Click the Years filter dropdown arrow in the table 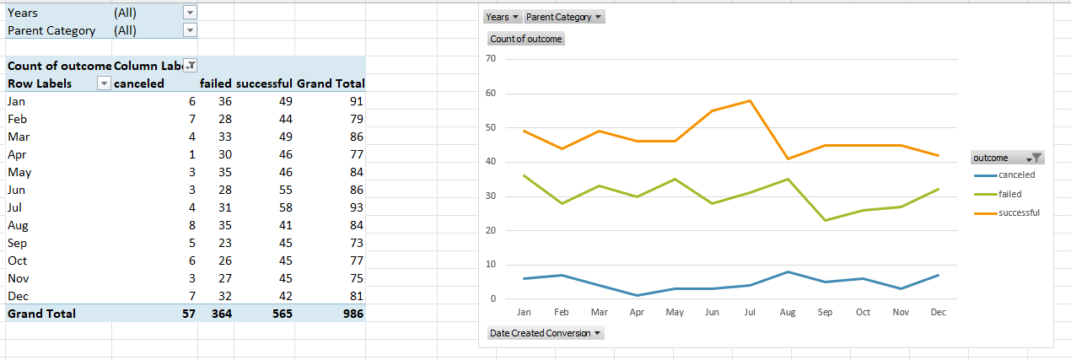(x=190, y=13)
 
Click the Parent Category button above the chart (x=564, y=17)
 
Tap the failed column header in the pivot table (x=216, y=83)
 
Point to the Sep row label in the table (x=17, y=243)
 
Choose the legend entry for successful (x=1019, y=212)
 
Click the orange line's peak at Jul (x=750, y=100)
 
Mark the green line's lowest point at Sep (x=825, y=220)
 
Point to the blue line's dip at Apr (x=637, y=295)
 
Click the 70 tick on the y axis (x=491, y=58)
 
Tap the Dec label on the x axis (x=938, y=312)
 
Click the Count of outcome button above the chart (x=526, y=39)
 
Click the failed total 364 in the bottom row (x=220, y=314)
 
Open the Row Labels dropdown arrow (x=104, y=83)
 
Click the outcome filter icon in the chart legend (x=1036, y=158)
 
